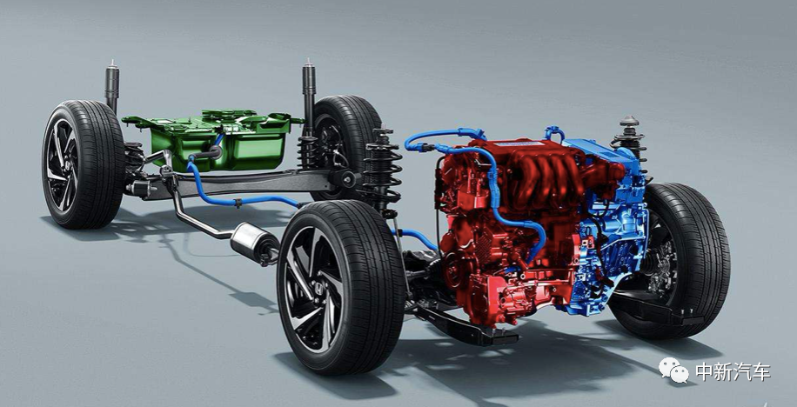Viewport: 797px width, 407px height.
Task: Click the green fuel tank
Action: [x=218, y=140]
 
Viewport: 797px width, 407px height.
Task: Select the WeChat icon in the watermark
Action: [x=674, y=370]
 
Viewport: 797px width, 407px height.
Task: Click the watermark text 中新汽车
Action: [x=733, y=371]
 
